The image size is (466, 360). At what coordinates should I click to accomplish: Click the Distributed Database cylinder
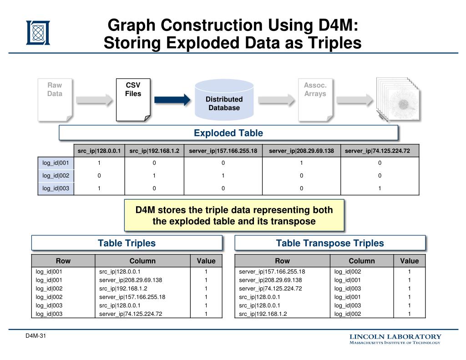(224, 101)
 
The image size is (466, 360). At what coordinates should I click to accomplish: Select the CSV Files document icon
(133, 100)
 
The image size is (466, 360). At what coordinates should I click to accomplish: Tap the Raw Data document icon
(55, 100)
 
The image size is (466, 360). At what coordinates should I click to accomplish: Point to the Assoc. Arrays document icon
(315, 100)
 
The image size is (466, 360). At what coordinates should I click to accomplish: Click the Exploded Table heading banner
(228, 133)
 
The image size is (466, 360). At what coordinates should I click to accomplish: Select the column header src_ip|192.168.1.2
(154, 151)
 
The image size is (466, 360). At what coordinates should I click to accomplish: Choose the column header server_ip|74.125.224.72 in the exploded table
(380, 151)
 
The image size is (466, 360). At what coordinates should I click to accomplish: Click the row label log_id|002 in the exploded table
(56, 176)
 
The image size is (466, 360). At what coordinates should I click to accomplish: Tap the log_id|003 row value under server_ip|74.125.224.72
(380, 188)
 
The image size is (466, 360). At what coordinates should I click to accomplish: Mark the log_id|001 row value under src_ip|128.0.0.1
(99, 163)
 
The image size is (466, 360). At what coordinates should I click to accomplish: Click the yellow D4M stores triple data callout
(234, 216)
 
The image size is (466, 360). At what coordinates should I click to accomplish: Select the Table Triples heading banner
(127, 243)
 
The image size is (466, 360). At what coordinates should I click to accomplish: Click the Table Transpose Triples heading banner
(330, 243)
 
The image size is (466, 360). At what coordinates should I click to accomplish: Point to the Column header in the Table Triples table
(142, 261)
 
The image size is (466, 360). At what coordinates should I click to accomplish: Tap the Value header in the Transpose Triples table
(409, 261)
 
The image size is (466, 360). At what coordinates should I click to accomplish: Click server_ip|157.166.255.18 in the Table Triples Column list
(132, 297)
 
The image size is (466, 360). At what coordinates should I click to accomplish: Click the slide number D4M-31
(36, 336)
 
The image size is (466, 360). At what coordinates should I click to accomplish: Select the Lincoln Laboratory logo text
(395, 339)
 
